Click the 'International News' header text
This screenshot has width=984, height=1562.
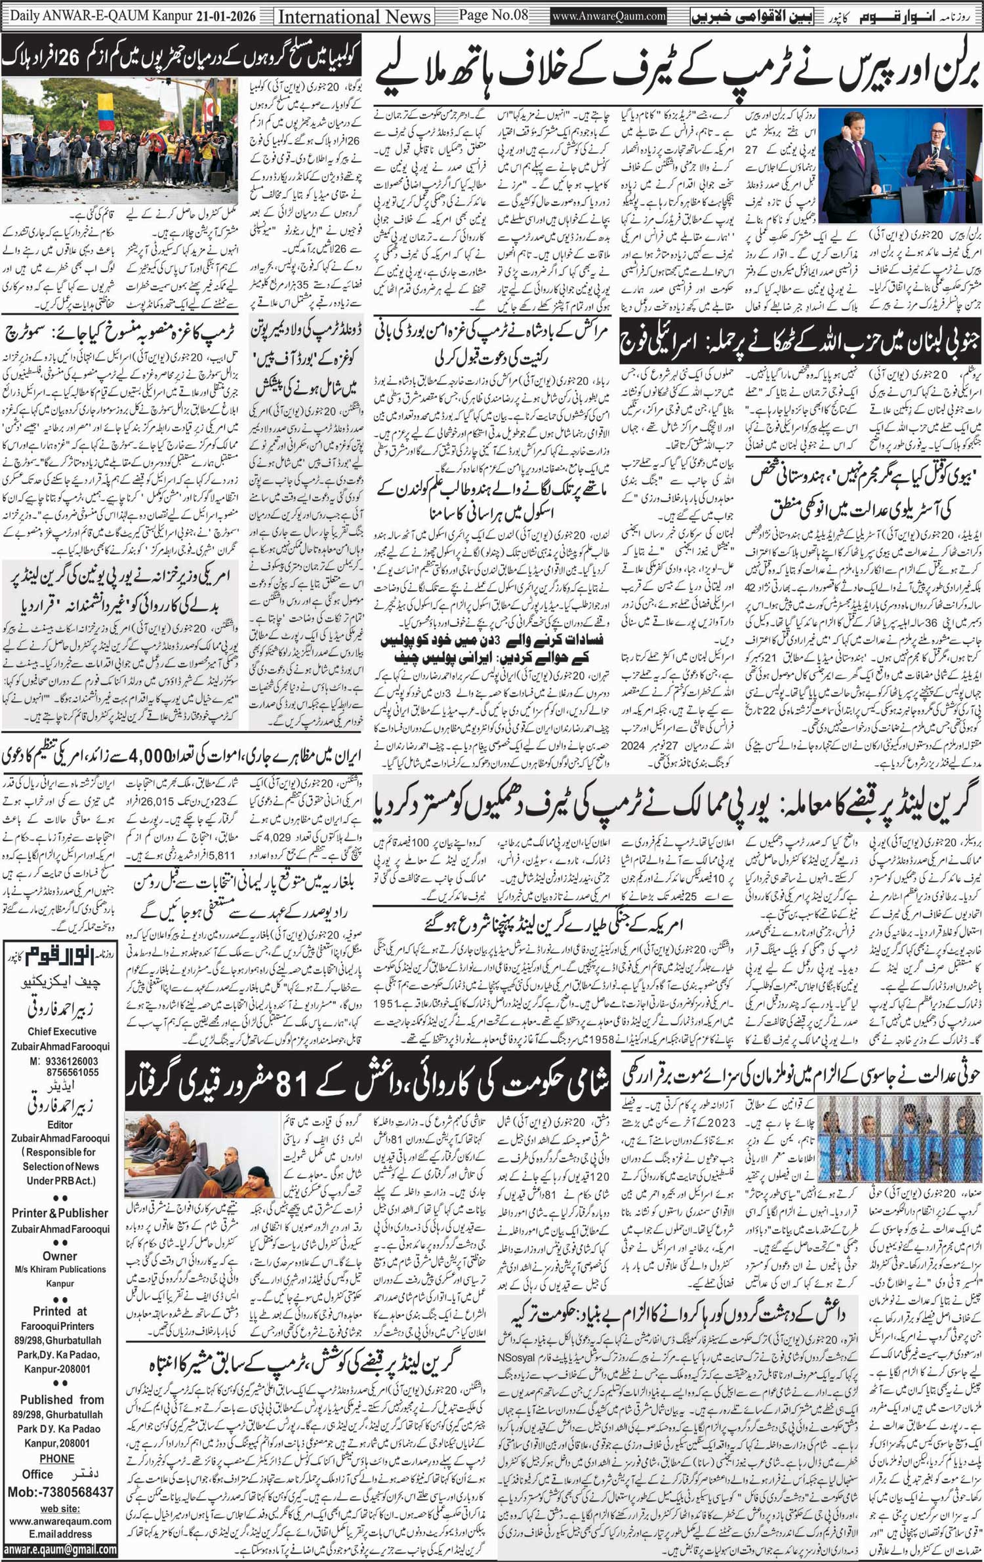click(x=355, y=16)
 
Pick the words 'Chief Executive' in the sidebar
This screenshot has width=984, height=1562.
click(x=62, y=1031)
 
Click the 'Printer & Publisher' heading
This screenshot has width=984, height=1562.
click(x=60, y=1213)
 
